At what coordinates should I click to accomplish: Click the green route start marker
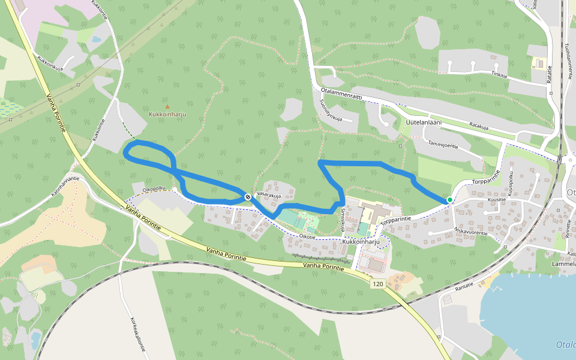click(x=449, y=200)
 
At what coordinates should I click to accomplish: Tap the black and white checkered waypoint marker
click(x=247, y=196)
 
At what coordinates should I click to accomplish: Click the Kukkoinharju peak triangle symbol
click(x=167, y=106)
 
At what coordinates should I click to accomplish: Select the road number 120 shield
click(x=377, y=283)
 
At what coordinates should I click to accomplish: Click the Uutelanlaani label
click(x=424, y=122)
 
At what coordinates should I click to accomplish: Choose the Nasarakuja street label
click(x=268, y=195)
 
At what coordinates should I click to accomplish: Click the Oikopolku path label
click(x=154, y=188)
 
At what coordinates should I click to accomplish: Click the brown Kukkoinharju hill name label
click(x=167, y=113)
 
